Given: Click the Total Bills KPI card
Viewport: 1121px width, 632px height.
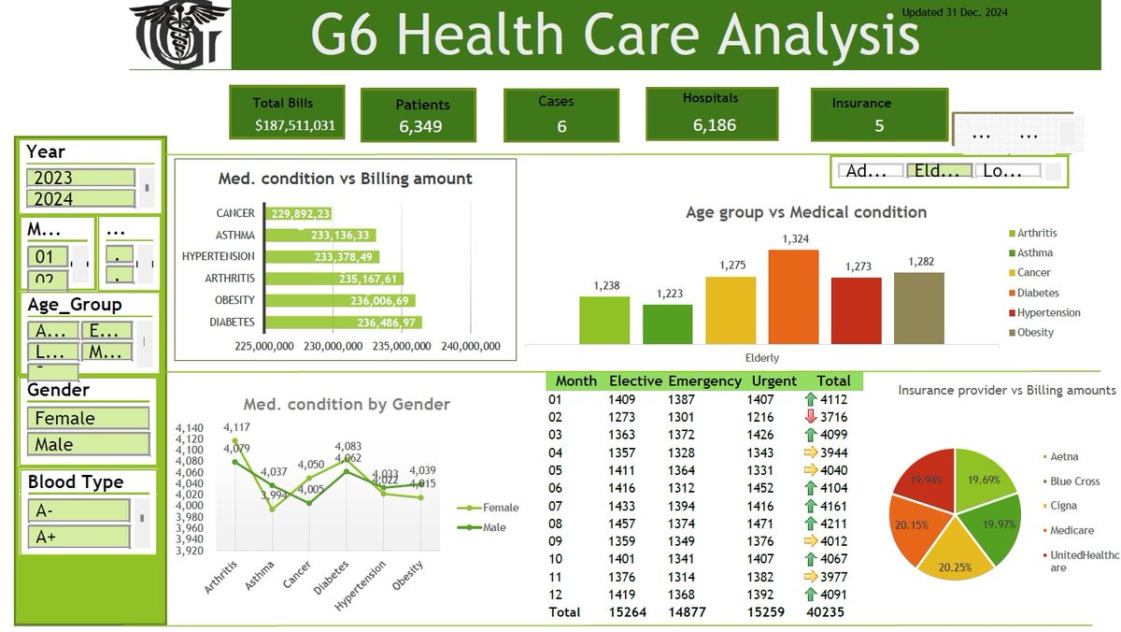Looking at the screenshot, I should (x=287, y=112).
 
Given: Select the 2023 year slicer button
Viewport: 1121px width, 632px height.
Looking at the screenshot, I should (x=79, y=178).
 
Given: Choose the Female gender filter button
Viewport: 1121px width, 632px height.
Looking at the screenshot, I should (x=88, y=418).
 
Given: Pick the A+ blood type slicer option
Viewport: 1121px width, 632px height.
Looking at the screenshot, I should (x=78, y=537).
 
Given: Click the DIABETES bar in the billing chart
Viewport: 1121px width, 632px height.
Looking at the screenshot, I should (x=345, y=323).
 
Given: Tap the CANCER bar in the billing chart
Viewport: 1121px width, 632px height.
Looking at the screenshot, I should (x=299, y=213).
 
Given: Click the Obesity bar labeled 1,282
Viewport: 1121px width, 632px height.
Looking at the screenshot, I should (x=919, y=308).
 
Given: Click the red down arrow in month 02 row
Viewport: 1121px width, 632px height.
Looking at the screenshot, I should (x=810, y=416).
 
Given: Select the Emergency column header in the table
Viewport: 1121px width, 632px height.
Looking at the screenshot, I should (x=704, y=381).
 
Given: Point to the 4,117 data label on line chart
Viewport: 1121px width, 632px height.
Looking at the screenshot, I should (x=236, y=427).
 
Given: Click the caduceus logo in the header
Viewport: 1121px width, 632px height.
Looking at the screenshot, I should (x=179, y=35).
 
